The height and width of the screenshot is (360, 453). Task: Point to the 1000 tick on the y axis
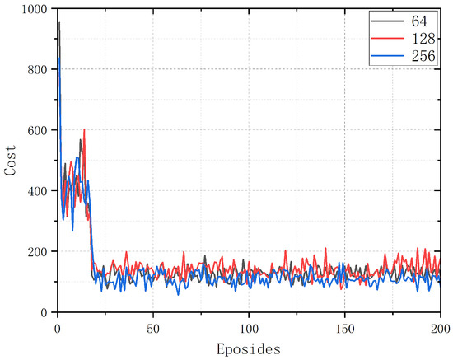tap(34, 9)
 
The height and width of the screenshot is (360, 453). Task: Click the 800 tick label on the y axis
tap(37, 70)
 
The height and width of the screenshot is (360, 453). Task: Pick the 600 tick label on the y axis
tap(37, 130)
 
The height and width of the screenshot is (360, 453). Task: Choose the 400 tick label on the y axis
tap(37, 191)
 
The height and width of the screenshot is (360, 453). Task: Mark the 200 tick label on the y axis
tap(37, 252)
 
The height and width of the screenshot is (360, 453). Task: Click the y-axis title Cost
tap(10, 161)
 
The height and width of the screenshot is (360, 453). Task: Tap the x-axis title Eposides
tap(249, 348)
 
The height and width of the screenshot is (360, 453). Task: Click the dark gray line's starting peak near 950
tap(58, 24)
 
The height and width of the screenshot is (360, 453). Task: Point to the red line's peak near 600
tap(84, 129)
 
